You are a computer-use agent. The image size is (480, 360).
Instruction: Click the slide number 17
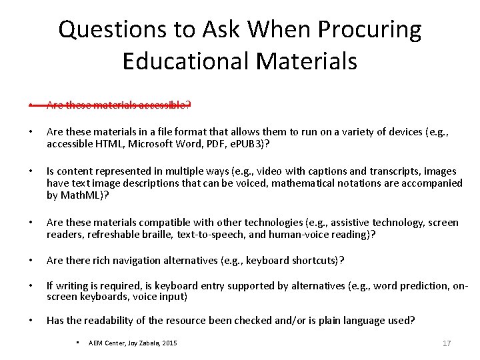[x=447, y=343]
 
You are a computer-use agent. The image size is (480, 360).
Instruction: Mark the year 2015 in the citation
[x=169, y=343]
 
